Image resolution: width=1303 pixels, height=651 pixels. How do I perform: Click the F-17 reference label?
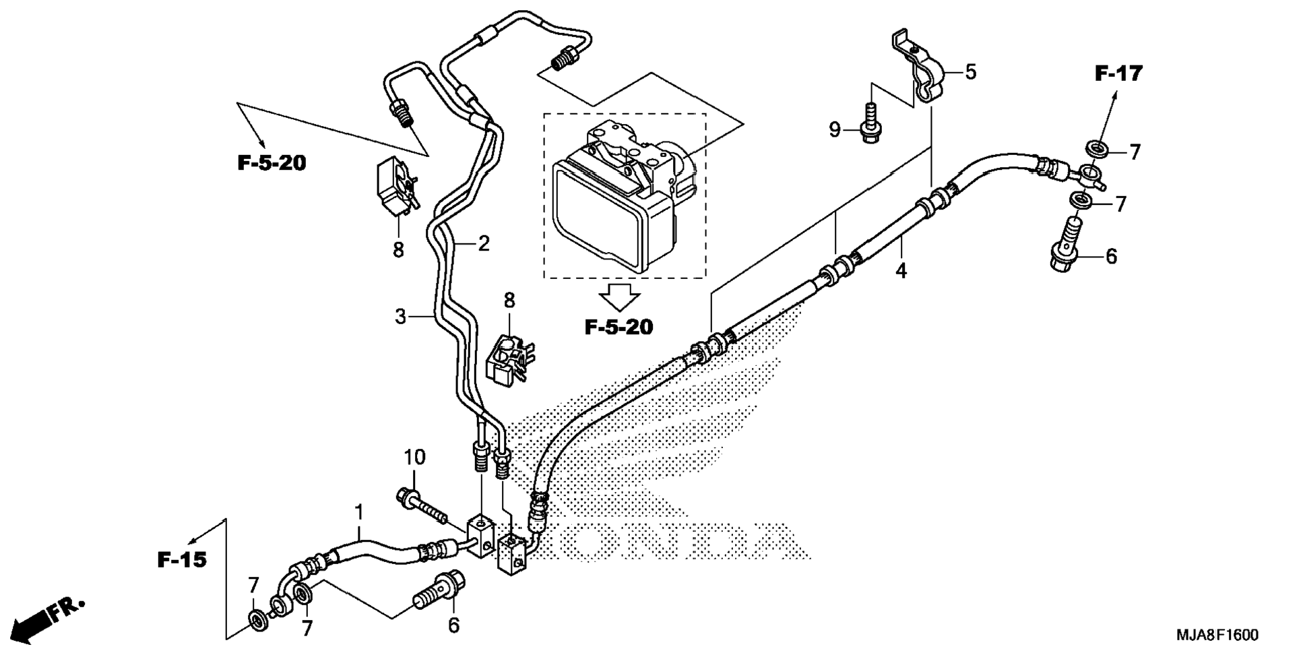1118,73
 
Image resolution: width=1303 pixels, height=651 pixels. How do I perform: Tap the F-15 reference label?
182,559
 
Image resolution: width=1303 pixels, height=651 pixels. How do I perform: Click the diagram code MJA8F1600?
1217,635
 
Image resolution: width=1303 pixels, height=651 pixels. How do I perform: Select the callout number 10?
415,458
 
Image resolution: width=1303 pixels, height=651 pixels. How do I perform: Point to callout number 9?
835,129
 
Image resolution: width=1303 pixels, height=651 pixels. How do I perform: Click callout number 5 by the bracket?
970,72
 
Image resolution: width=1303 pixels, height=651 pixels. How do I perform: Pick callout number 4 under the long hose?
901,271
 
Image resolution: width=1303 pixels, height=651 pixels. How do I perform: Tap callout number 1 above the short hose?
359,512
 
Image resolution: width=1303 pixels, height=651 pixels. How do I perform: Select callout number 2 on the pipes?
484,243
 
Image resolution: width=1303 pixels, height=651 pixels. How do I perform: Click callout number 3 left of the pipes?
401,316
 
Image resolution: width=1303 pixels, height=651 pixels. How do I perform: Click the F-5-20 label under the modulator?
618,328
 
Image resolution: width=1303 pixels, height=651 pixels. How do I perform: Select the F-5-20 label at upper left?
272,163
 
